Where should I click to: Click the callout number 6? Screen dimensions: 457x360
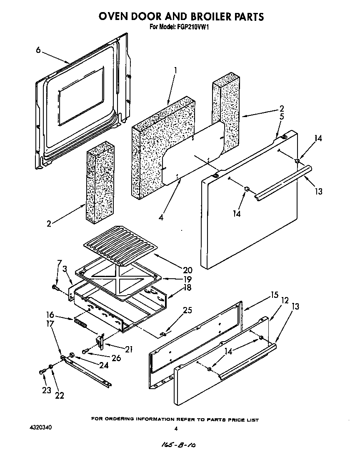[x=38, y=50]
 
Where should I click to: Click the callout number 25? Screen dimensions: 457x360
[x=187, y=310]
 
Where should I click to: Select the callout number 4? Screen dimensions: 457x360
[x=161, y=217]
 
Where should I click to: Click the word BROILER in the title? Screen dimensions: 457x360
[x=195, y=17]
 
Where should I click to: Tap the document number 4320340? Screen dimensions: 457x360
[x=41, y=428]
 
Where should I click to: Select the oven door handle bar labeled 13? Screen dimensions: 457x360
[x=283, y=181]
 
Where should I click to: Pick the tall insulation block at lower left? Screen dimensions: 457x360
[x=99, y=182]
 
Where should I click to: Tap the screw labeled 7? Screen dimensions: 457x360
[x=55, y=287]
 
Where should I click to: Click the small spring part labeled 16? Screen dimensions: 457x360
[x=80, y=322]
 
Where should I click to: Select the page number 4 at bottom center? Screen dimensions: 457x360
[x=176, y=429]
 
